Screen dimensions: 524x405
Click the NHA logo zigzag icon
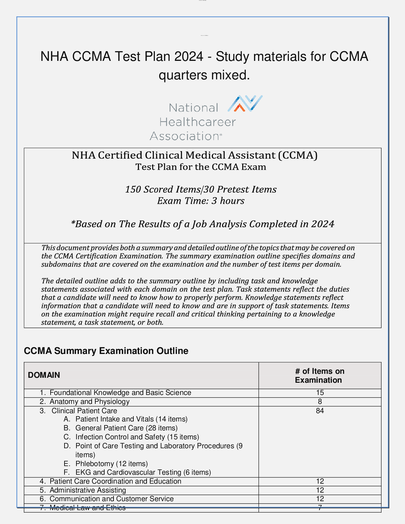(245, 103)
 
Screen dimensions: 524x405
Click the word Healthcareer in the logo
(197, 122)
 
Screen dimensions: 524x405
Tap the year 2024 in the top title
(189, 57)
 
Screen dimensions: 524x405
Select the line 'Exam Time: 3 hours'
(201, 201)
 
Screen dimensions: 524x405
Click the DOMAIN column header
(44, 375)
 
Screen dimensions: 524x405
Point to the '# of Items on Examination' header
(319, 375)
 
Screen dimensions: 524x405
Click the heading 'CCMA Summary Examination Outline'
(106, 351)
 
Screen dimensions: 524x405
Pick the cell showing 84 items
(320, 411)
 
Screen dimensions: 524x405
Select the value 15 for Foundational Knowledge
(320, 393)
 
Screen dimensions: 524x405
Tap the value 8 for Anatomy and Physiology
(320, 402)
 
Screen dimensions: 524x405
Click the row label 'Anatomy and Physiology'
(89, 402)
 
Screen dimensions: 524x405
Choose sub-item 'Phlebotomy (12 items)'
(112, 464)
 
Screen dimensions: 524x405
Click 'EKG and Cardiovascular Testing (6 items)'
(143, 472)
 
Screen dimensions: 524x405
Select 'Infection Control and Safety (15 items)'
(137, 437)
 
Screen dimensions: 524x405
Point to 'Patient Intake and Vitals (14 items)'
(131, 419)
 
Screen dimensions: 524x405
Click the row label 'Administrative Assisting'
(88, 490)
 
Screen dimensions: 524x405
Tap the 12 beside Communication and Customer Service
(320, 499)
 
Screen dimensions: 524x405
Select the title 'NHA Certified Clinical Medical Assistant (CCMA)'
(195, 155)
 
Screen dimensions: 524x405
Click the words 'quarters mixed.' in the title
(204, 75)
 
